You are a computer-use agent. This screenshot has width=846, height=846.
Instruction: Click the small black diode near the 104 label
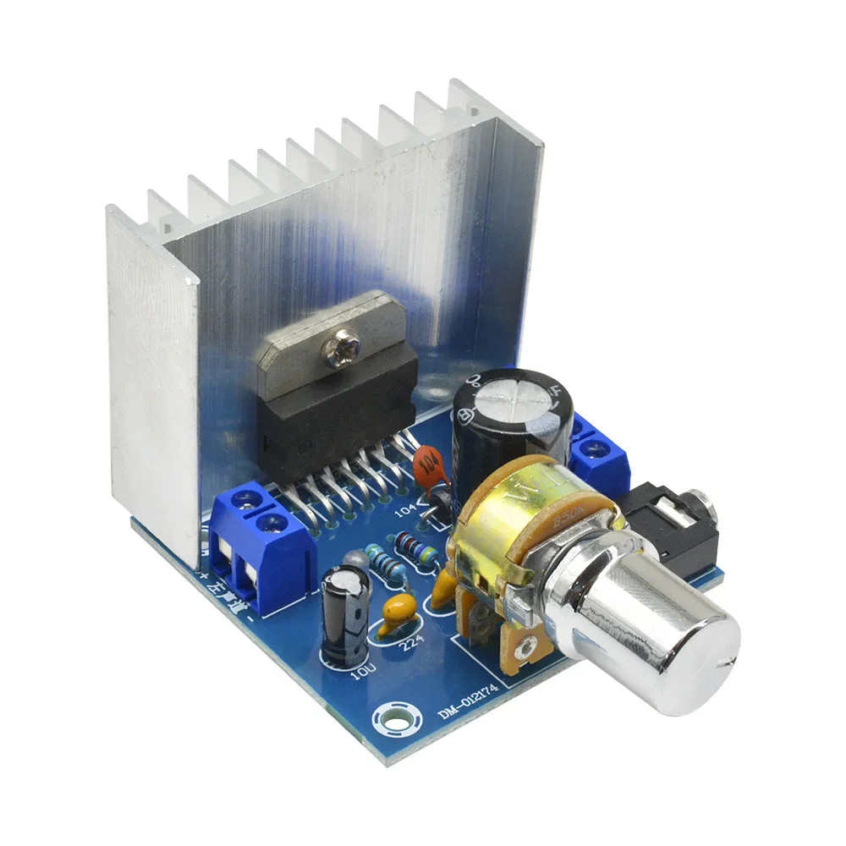pos(437,513)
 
